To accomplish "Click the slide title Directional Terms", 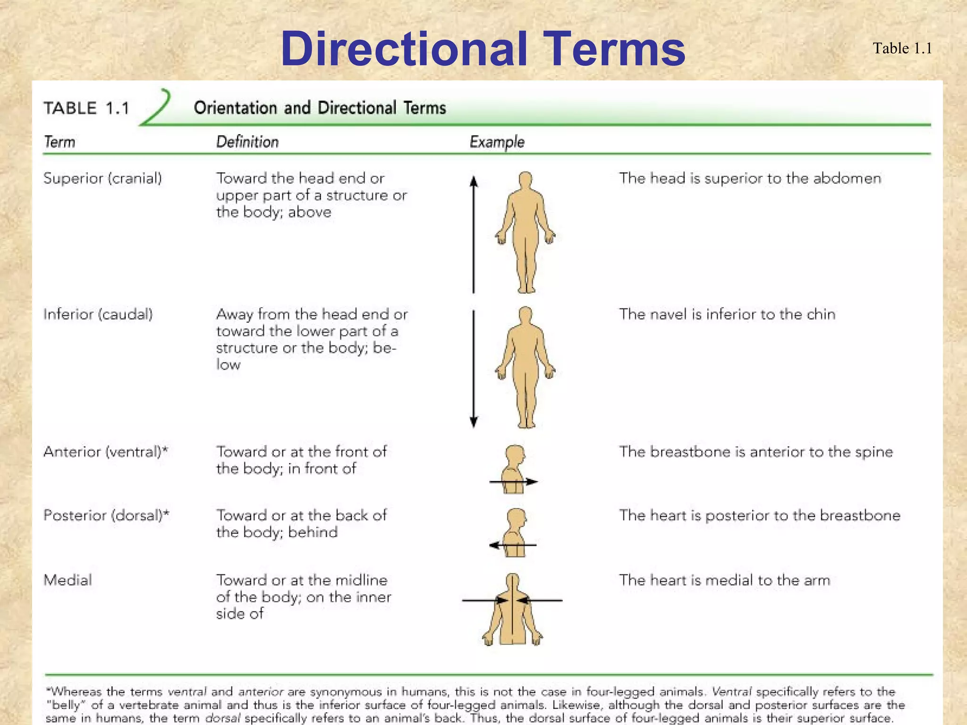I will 483,49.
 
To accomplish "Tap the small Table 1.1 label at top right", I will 902,48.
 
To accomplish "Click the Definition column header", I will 247,142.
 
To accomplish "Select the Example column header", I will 497,142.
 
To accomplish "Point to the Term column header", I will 59,142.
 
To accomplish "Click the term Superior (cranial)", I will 102,178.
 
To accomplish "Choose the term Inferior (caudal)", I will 98,314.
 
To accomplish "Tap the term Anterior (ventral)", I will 105,452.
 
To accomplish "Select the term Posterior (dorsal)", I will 106,515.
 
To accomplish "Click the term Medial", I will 68,580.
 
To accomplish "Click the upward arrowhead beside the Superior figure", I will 474,181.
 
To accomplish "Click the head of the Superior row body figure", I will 526,180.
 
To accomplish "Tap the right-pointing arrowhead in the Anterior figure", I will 532,482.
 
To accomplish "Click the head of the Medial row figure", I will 512,581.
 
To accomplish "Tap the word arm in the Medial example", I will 816,580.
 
